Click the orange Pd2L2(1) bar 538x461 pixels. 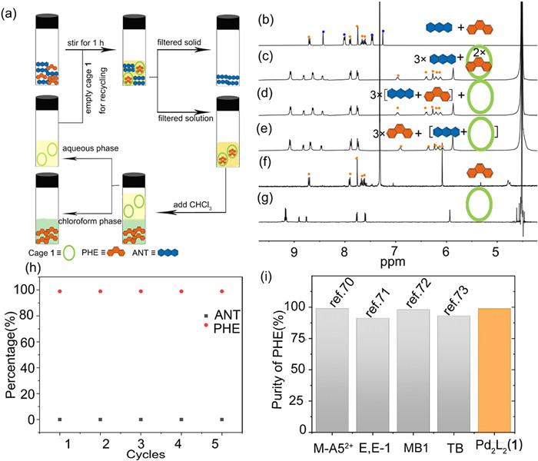point(500,370)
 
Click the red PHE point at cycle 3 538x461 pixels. point(141,291)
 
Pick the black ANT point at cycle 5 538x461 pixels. point(223,420)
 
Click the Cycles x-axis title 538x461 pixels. point(140,454)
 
